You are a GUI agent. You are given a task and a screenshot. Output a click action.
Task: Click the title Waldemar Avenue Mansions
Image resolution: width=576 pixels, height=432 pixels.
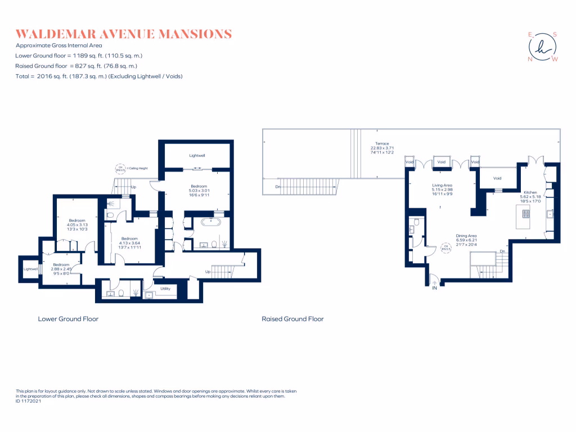pos(124,34)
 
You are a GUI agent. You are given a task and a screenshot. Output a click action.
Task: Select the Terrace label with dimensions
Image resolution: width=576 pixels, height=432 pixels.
pos(382,148)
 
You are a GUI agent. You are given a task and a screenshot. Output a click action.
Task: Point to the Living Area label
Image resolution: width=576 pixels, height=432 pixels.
pos(442,190)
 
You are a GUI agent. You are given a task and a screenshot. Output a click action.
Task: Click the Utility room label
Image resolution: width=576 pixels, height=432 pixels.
pos(165,289)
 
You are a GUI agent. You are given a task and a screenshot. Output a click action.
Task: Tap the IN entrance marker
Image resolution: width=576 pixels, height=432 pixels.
pos(434,287)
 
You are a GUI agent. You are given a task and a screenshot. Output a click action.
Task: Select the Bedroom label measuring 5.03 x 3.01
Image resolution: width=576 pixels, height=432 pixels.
pos(199,190)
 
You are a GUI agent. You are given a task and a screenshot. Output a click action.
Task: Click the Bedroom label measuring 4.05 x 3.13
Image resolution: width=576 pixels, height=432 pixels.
pos(76,224)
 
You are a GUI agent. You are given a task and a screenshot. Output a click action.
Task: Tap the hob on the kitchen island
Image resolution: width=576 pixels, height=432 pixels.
pos(525,213)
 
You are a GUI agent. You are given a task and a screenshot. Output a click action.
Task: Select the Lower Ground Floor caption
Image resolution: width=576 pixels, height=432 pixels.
pos(68,319)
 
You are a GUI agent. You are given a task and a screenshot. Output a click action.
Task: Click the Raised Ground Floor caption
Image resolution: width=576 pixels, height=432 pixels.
pos(292,319)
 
